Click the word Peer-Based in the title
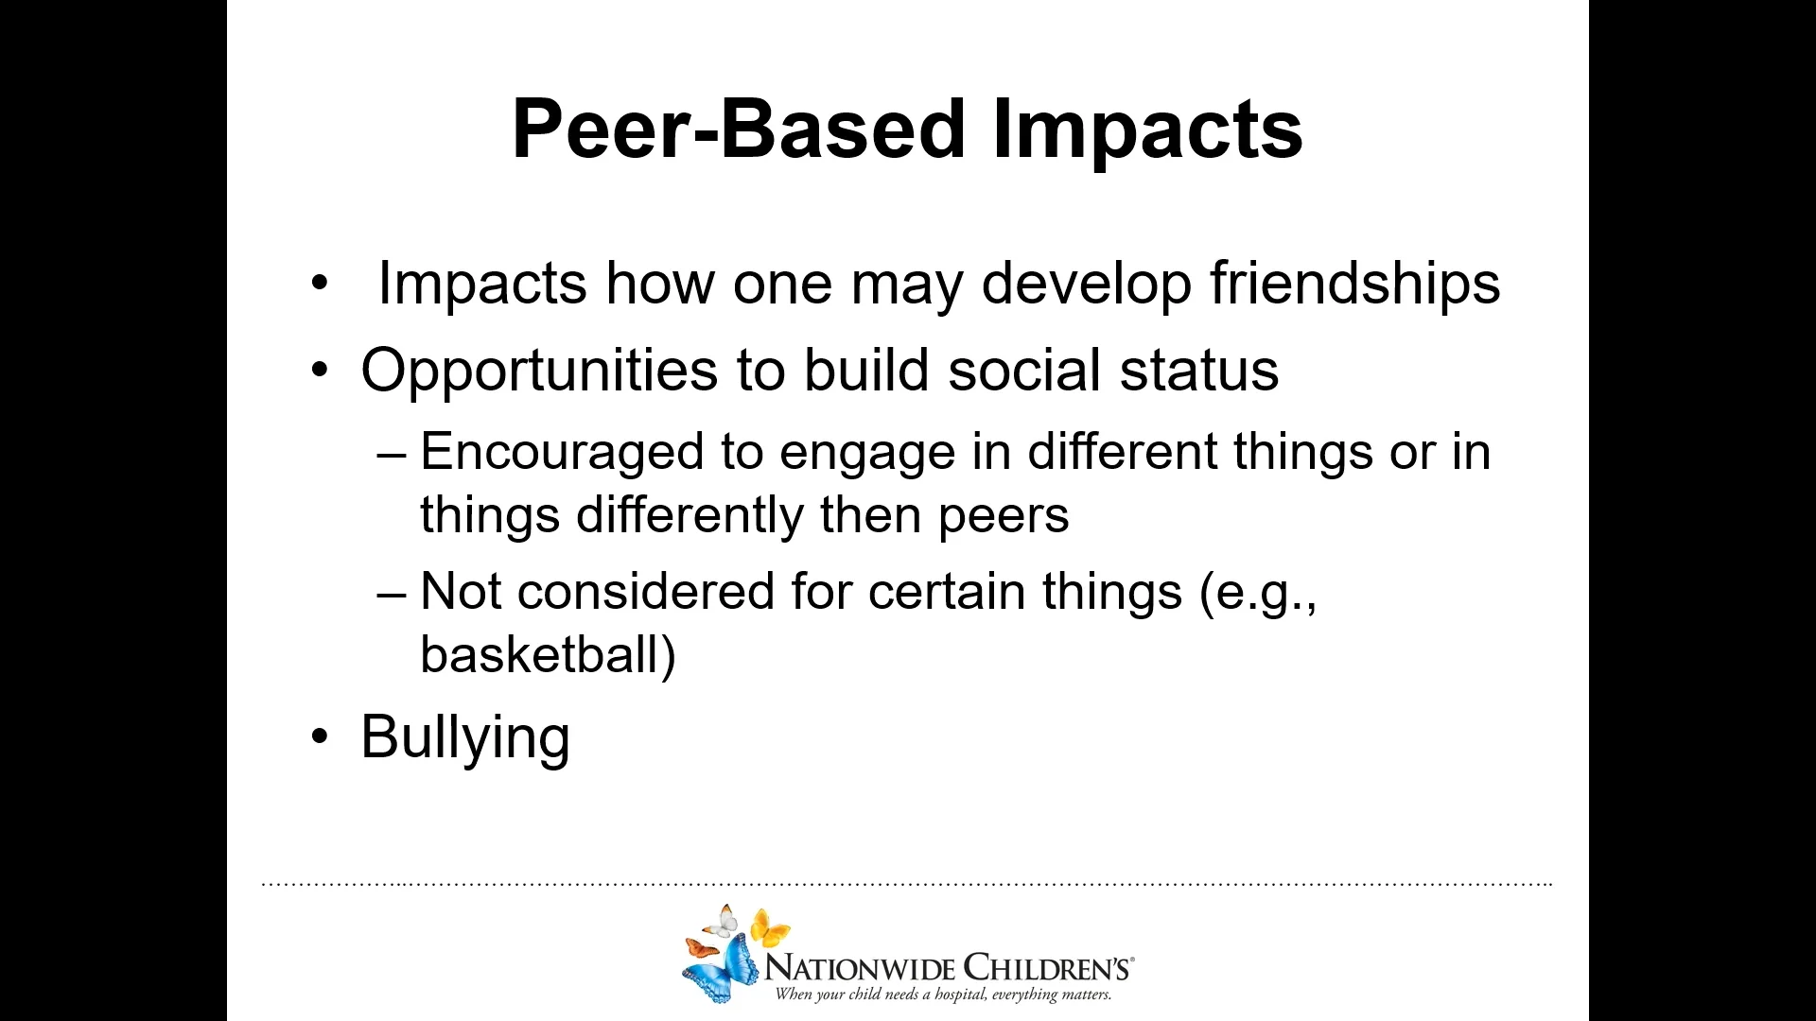coord(739,130)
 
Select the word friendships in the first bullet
coord(1355,283)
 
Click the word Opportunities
coord(539,372)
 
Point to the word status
coord(1199,370)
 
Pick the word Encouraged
coord(562,453)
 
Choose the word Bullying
coord(465,739)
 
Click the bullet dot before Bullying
coord(321,737)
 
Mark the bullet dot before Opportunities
coord(321,370)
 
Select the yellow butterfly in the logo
coord(771,929)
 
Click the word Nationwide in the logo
coord(860,968)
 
